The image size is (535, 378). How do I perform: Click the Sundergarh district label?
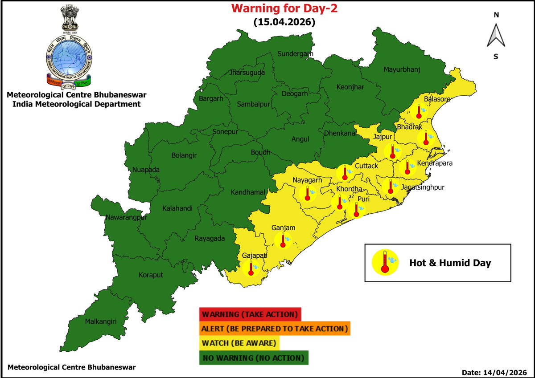point(295,54)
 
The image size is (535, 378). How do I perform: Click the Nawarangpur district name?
point(126,218)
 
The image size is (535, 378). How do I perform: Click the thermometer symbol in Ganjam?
point(283,241)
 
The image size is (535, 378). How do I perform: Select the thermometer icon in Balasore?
point(419,110)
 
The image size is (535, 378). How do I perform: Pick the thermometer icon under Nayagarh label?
point(307,193)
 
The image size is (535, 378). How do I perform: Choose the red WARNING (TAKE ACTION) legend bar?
point(250,314)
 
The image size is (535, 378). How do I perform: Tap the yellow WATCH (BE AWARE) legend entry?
point(239,343)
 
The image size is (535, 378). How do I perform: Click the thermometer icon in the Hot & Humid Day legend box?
point(384,263)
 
